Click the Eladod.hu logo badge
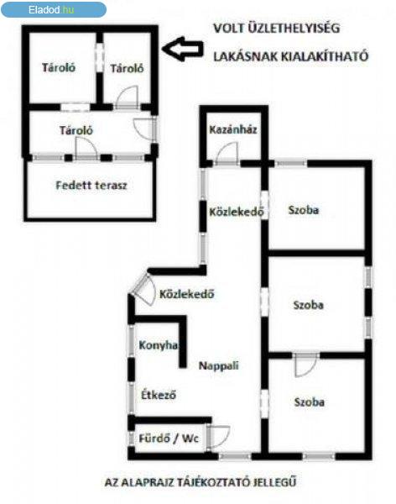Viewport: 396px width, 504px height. pos(54,9)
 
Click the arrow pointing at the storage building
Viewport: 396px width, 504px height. pos(182,49)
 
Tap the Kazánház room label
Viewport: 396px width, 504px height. pos(233,130)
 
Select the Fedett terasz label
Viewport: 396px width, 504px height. pos(91,185)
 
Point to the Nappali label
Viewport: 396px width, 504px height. pos(219,365)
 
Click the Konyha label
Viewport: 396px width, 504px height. pos(159,345)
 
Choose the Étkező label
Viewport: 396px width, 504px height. pos(159,395)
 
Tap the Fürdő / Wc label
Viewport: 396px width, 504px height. pos(169,438)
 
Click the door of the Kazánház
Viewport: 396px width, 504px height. pos(227,154)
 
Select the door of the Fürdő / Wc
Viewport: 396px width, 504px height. pos(218,437)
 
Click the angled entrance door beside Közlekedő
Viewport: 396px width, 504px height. pos(143,289)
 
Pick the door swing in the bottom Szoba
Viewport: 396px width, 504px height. pos(305,365)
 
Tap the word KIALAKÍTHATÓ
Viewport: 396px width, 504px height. pos(325,56)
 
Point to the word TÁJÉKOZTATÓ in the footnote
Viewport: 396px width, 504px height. pos(212,482)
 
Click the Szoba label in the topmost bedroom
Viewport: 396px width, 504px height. pos(304,210)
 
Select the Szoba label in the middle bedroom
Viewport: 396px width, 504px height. pos(308,305)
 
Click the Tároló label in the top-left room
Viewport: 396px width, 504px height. pos(59,67)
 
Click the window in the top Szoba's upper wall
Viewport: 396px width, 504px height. pos(290,164)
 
